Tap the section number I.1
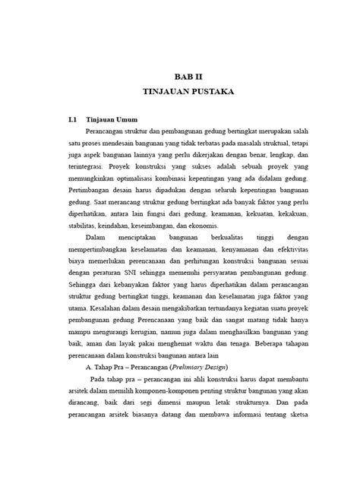(73, 120)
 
